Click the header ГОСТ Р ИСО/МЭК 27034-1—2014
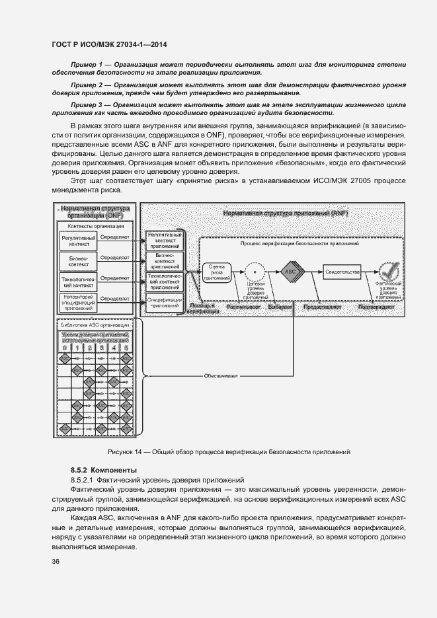(x=108, y=44)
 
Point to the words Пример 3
(x=87, y=104)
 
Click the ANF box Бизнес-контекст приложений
(x=164, y=260)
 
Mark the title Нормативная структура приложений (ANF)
(x=284, y=213)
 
